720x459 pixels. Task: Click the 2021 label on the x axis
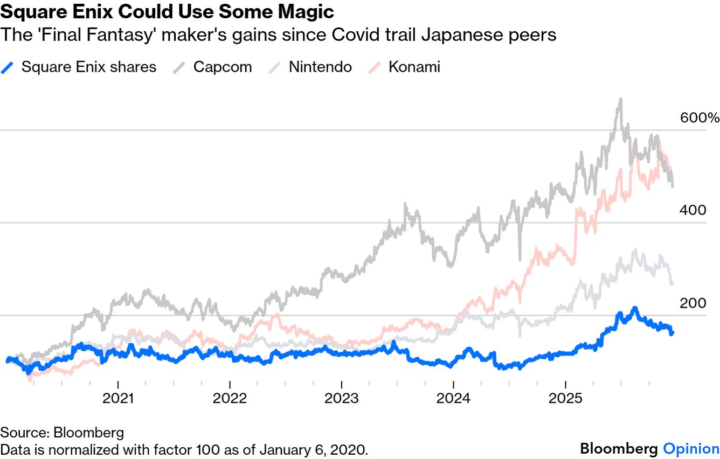118,399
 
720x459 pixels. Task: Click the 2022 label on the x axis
230,399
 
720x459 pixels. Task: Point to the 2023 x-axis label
341,399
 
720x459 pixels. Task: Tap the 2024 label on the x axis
453,399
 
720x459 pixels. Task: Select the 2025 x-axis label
565,399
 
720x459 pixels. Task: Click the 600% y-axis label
699,118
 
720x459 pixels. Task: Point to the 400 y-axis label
692,211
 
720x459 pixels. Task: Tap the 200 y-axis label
692,303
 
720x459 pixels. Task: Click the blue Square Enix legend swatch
8,67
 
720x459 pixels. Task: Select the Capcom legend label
223,67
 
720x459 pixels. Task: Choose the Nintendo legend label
320,67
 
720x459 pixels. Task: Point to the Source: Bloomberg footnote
62,432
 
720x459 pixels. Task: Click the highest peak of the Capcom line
620,100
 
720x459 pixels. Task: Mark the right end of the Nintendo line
672,284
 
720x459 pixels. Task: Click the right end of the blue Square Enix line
672,333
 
